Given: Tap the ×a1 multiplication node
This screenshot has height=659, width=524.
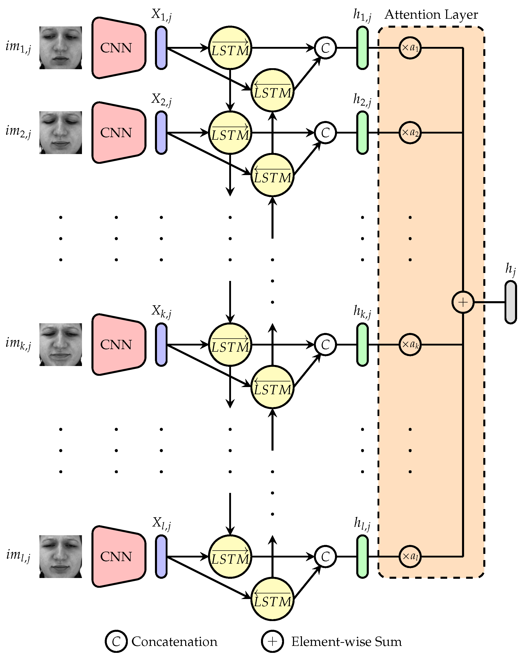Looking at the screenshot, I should point(410,48).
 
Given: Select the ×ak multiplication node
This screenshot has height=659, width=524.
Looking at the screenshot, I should point(410,344).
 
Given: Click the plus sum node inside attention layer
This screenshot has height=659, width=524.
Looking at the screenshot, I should point(463,302).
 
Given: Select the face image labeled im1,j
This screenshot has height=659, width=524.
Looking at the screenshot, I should point(60,48).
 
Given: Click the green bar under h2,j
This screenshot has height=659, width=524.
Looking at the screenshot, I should point(362,133).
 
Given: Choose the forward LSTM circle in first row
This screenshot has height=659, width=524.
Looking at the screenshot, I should point(230,48).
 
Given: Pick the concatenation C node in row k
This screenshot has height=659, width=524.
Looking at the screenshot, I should point(325,344).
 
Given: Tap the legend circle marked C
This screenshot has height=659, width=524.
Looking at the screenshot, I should point(116,641).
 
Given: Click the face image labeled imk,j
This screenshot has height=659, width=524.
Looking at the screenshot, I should point(60,344).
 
